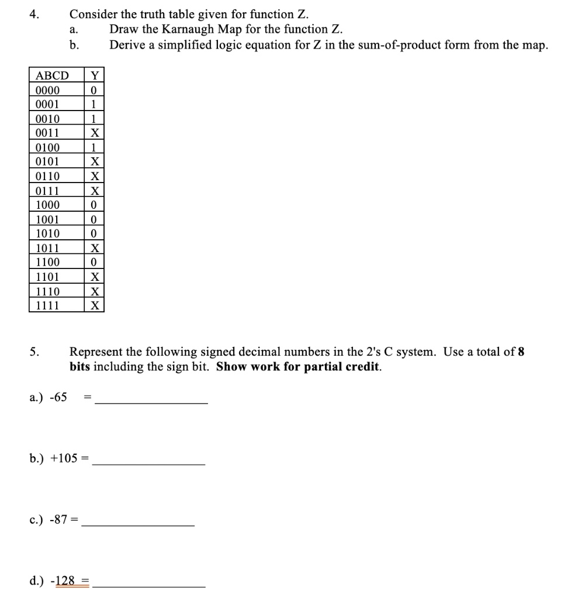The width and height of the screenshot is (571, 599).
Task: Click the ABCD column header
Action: pos(52,75)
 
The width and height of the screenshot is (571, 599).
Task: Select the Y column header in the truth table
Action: pos(94,75)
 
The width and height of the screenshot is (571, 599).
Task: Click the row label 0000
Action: pos(47,90)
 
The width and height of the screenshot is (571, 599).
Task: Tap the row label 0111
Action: pos(47,190)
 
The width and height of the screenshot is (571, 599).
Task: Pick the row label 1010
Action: pos(47,233)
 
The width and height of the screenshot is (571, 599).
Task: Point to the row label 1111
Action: pos(47,305)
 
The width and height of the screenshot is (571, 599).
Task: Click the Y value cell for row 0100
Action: pos(94,147)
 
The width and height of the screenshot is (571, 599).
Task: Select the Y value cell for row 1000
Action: pos(94,205)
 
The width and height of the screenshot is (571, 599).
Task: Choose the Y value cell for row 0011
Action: pos(94,133)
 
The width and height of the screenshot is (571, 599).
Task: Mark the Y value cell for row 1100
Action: pos(94,262)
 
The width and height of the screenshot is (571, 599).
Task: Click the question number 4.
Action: pos(34,14)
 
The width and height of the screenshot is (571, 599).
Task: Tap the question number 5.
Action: pos(34,352)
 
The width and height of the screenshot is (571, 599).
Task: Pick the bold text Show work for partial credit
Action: pos(298,367)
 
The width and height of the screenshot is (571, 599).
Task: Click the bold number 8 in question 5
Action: pos(521,352)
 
